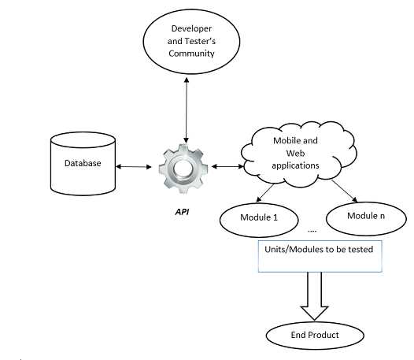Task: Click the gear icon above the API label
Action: tap(183, 169)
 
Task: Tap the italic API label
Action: tap(182, 212)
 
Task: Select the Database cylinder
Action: tap(83, 164)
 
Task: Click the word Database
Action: tap(83, 163)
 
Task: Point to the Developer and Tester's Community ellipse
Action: tap(192, 42)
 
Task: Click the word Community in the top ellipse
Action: tap(191, 54)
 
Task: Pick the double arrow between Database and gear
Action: tap(134, 166)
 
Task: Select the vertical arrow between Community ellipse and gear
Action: tap(187, 110)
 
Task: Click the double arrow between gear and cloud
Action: tap(227, 166)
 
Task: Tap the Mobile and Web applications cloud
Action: tap(298, 154)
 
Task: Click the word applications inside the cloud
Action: tap(295, 165)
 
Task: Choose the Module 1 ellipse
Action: tap(259, 220)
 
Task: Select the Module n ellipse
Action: tap(366, 218)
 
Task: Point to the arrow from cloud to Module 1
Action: tap(265, 193)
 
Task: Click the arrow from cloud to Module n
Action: tap(345, 191)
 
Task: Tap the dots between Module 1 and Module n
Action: tap(312, 231)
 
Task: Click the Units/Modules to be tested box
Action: tap(320, 256)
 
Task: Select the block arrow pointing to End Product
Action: tap(314, 296)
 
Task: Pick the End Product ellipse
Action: tap(315, 335)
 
